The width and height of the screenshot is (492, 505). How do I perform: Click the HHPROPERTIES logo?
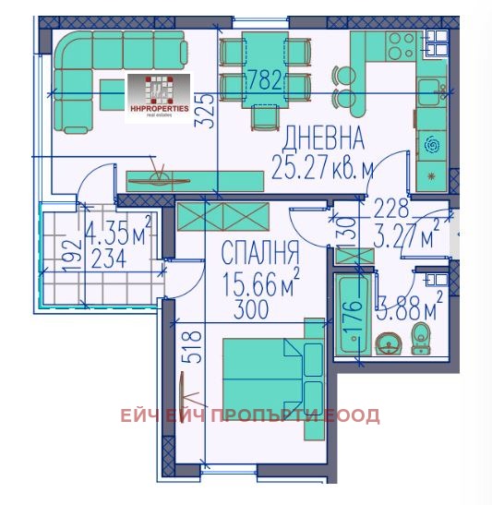[x=158, y=96]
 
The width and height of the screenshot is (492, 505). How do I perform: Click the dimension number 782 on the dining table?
[x=264, y=80]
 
